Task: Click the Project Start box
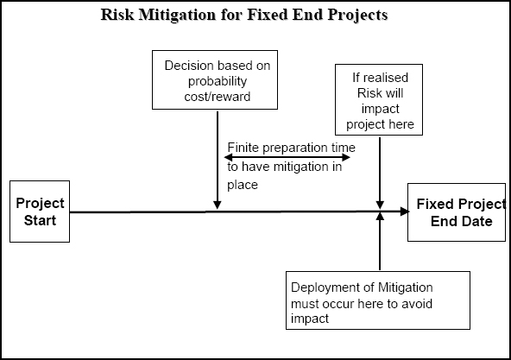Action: coord(39,212)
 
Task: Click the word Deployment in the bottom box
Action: coord(325,287)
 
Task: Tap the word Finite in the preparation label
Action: coord(243,148)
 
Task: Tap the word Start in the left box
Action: coord(39,220)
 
